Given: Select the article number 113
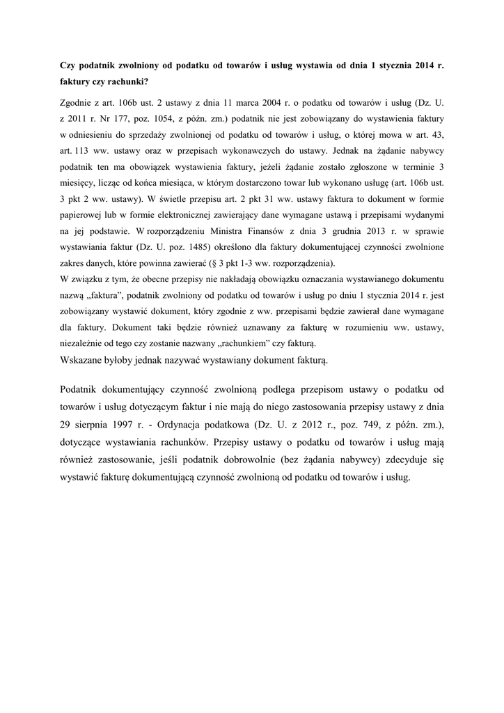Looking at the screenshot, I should coord(86,152).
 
